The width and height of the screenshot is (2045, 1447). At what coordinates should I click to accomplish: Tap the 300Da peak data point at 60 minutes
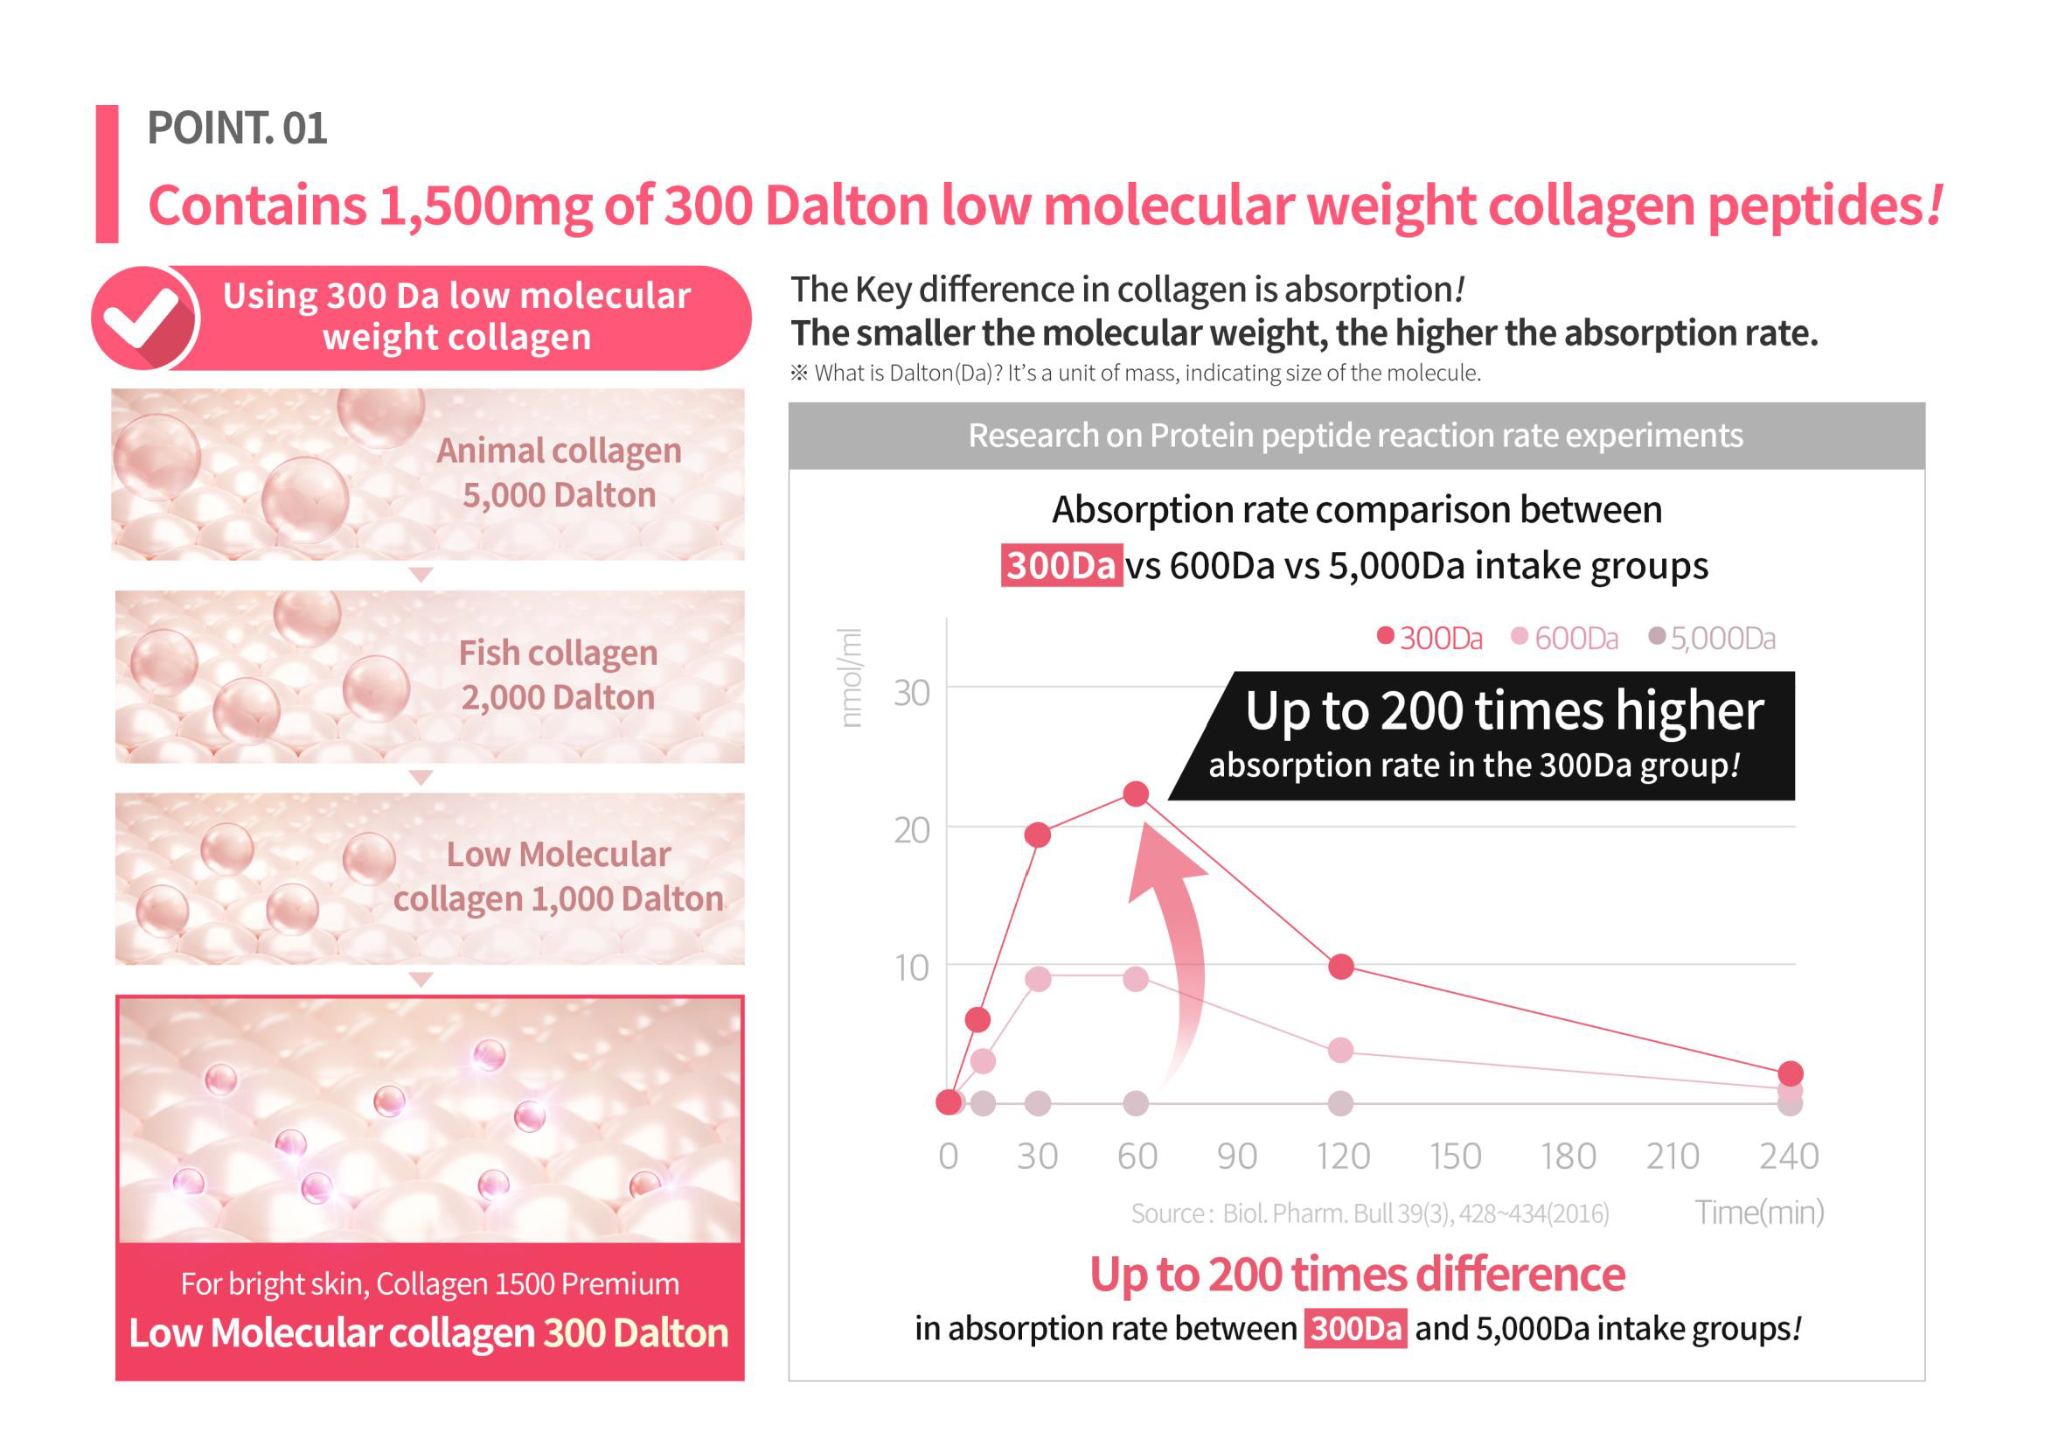[1136, 793]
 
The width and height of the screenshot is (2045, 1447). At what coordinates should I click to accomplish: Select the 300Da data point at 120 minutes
[1341, 967]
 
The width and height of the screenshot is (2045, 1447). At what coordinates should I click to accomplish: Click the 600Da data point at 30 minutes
[1038, 979]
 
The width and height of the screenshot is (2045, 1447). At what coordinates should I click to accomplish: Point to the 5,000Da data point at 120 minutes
[1340, 1103]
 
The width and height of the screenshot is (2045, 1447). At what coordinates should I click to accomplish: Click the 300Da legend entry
[1429, 638]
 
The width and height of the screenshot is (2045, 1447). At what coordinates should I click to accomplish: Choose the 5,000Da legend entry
[1712, 638]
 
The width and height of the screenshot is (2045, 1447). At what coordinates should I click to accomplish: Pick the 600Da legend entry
[1565, 638]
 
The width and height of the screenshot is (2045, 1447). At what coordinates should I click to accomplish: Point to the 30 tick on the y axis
[912, 693]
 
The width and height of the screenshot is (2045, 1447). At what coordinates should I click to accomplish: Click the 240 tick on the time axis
[1789, 1157]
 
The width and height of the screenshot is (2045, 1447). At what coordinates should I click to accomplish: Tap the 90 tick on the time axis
[1237, 1157]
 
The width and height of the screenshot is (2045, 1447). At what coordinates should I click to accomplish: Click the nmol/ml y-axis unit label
[851, 678]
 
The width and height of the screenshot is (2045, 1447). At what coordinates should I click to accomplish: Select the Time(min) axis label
[1759, 1213]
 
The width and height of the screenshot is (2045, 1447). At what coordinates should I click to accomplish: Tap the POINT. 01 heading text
[237, 129]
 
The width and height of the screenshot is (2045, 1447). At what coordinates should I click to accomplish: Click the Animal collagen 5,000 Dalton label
[559, 473]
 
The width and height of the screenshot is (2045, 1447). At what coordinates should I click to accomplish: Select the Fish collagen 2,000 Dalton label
[559, 675]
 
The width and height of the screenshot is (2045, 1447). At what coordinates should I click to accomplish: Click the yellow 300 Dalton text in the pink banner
[636, 1333]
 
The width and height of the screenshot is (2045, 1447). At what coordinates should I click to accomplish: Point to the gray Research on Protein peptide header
[1356, 436]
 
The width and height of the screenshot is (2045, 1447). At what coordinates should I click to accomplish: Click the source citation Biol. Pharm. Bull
[1370, 1213]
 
